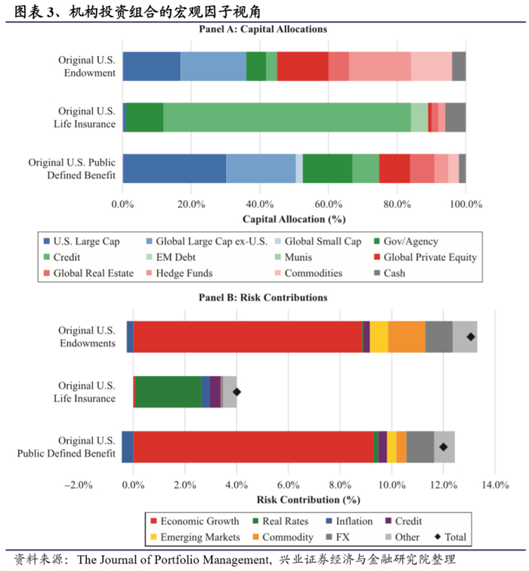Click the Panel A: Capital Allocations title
[262, 29]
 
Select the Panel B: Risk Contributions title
[262, 297]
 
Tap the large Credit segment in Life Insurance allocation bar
[287, 116]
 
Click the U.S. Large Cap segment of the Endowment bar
[151, 67]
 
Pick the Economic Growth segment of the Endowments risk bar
[248, 337]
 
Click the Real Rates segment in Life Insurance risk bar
[168, 392]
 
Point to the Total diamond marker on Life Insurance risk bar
[237, 392]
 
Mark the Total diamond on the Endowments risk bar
[471, 337]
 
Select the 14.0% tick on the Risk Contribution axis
[494, 485]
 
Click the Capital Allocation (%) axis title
[294, 219]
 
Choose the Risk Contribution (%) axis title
[308, 500]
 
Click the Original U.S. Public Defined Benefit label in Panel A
[72, 169]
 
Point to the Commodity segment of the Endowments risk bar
[407, 337]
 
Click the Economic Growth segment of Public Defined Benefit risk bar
[253, 446]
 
